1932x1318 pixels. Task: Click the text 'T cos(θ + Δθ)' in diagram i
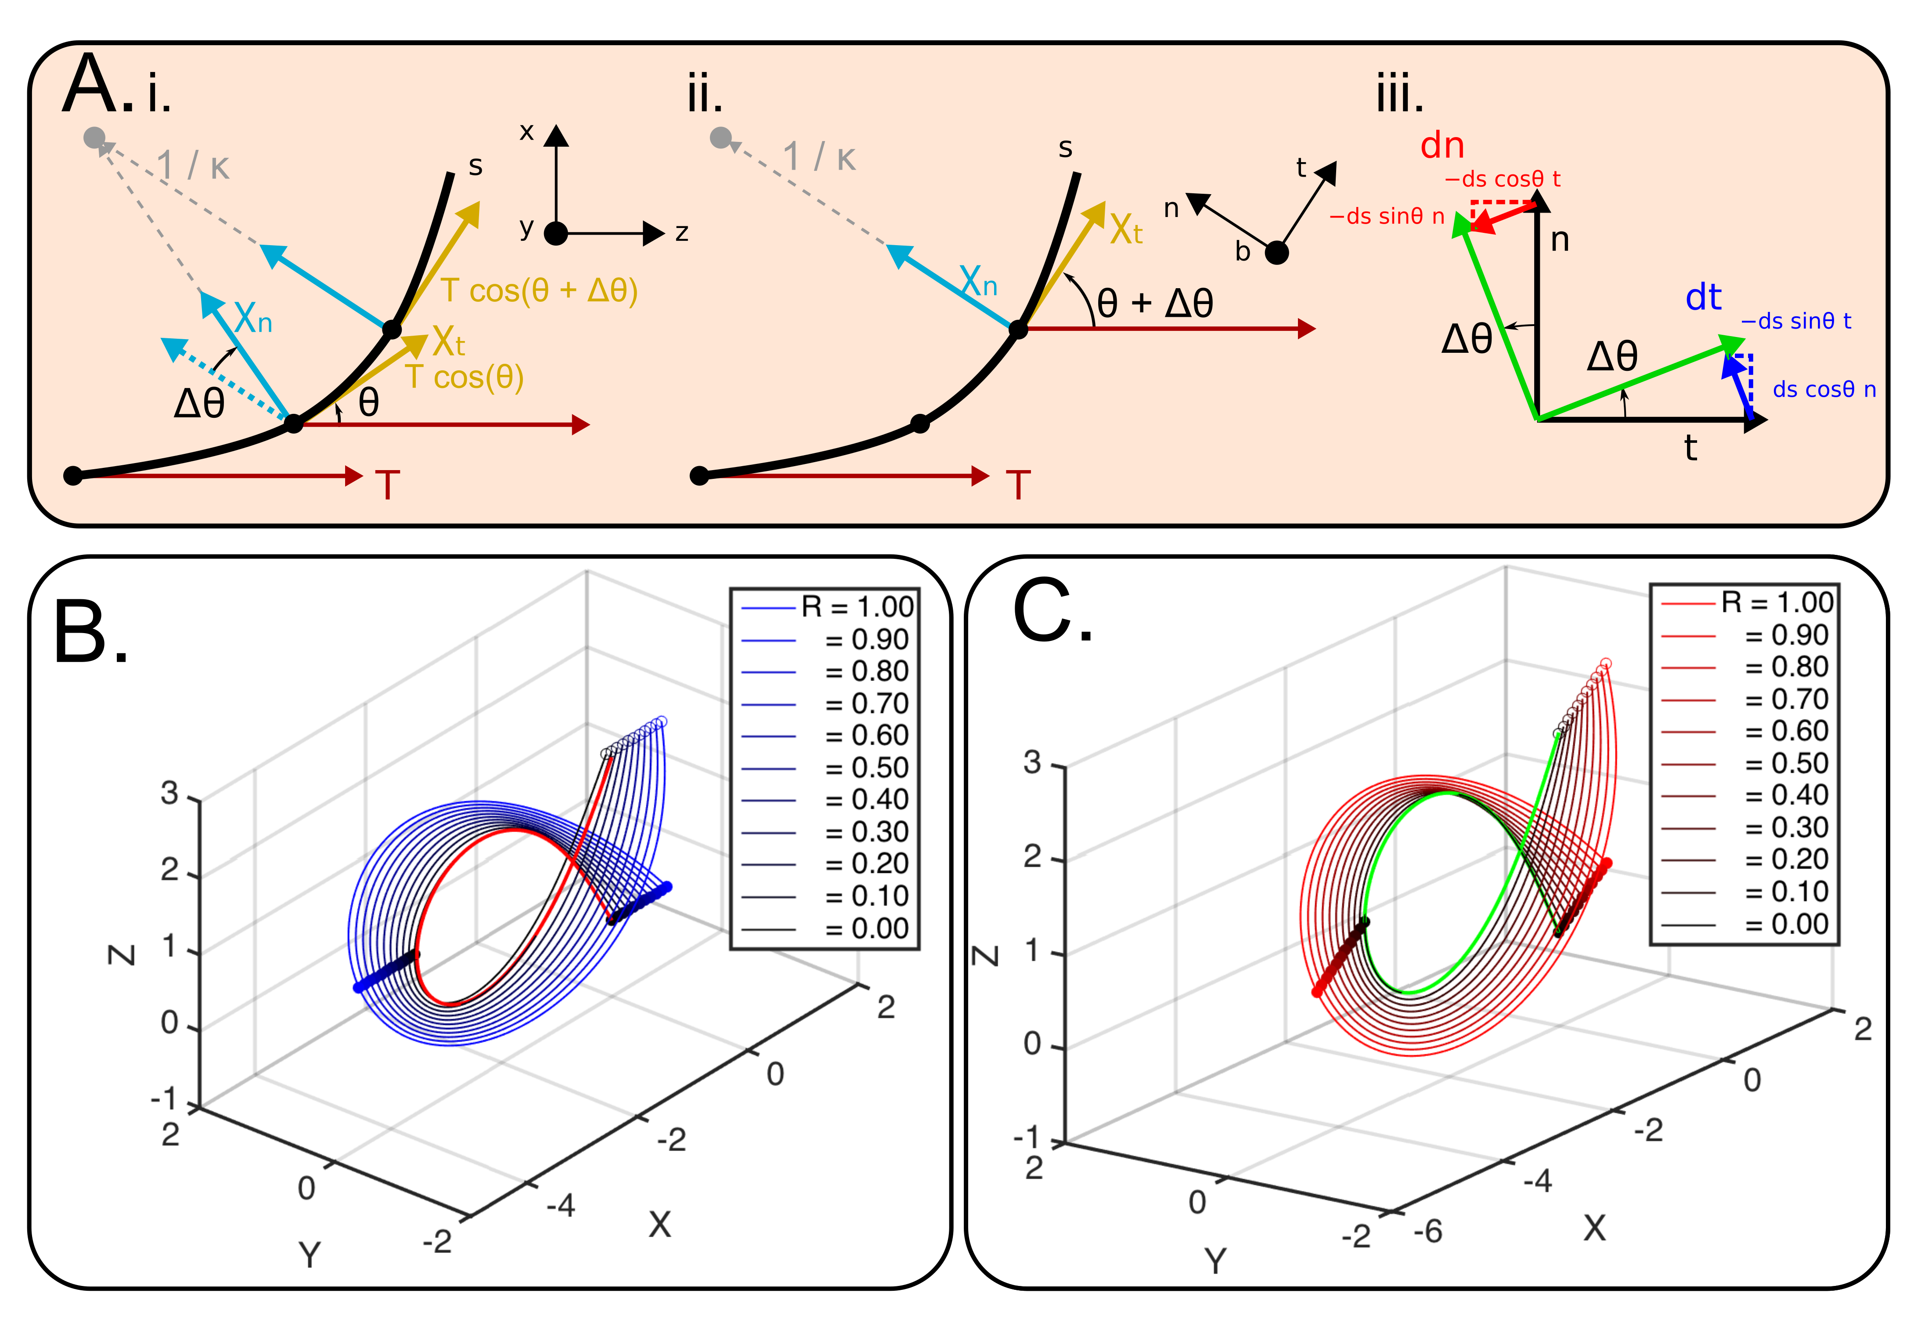pyautogui.click(x=539, y=291)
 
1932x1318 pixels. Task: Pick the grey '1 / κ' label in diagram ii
pyautogui.click(x=819, y=156)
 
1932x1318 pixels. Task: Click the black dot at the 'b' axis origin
pyautogui.click(x=1277, y=253)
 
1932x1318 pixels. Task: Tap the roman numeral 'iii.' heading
pyautogui.click(x=1400, y=96)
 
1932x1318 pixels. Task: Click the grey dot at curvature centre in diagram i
pyautogui.click(x=95, y=137)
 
